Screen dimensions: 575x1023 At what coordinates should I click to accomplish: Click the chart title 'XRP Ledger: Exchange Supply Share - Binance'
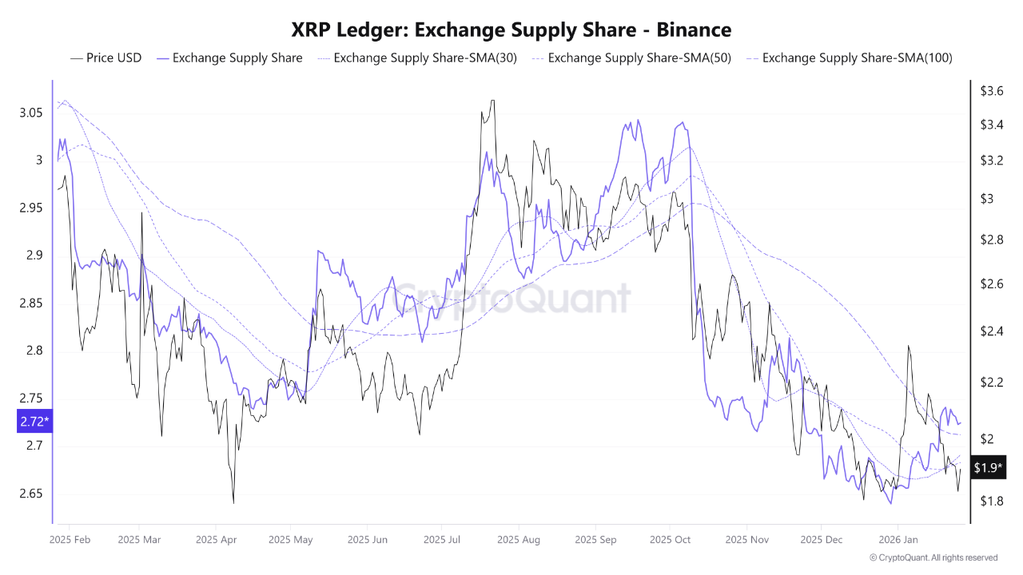tap(511, 30)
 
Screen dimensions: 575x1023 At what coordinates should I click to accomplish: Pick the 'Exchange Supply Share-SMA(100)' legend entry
tap(856, 57)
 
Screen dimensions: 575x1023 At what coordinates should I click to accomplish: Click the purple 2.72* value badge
tap(34, 421)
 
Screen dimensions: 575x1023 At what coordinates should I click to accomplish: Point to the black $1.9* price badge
tap(988, 468)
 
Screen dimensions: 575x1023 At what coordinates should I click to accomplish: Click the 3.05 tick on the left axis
tap(30, 113)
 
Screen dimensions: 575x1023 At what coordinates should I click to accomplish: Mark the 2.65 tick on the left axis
tap(30, 494)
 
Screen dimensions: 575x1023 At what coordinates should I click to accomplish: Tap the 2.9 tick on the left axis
tap(34, 256)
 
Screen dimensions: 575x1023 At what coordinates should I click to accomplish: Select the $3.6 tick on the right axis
tap(992, 91)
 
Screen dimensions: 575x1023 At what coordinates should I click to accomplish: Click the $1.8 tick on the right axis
tap(992, 501)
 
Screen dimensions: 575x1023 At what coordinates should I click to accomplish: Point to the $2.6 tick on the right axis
tap(992, 284)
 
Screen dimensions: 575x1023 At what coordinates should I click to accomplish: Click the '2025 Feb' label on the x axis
tap(70, 540)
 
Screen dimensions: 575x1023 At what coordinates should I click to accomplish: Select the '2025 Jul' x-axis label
tap(444, 540)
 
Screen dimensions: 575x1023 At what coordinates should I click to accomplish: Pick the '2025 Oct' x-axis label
tap(670, 540)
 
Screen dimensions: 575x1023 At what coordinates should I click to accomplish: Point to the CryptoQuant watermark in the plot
tap(511, 299)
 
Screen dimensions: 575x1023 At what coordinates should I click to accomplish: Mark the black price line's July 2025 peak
tap(492, 101)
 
